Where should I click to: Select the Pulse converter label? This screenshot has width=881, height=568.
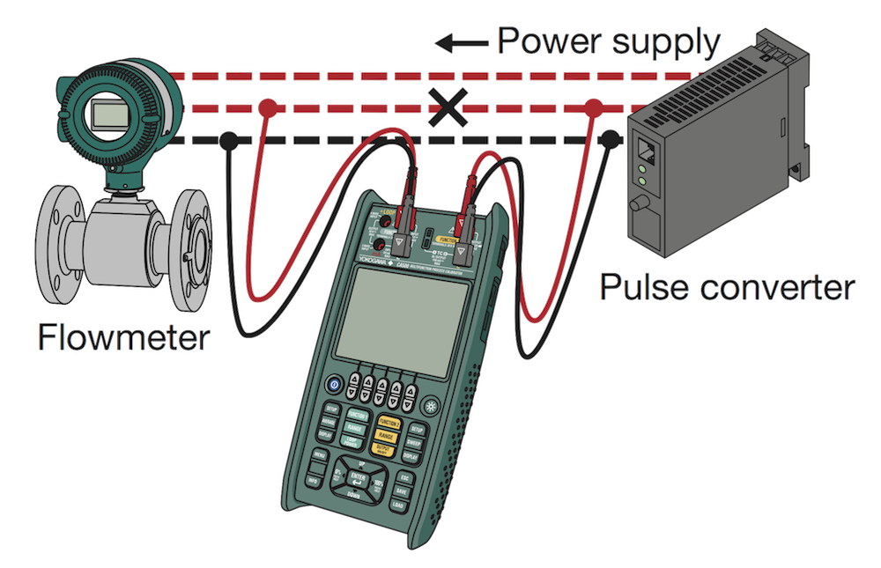pyautogui.click(x=728, y=287)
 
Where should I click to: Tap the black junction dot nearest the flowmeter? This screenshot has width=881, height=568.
pyautogui.click(x=228, y=139)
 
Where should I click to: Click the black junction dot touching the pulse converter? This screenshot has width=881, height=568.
pyautogui.click(x=611, y=136)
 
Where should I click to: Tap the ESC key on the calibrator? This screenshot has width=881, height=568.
pyautogui.click(x=405, y=479)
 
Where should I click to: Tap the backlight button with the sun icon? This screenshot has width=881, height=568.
pyautogui.click(x=432, y=407)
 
